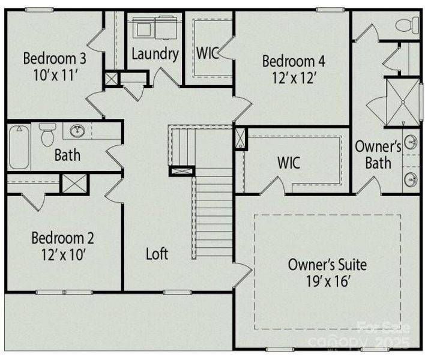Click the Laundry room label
pos(155,54)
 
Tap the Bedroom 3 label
pos(55,59)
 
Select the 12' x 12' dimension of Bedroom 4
pos(294,78)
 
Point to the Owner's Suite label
pos(327,264)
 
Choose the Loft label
pos(157,253)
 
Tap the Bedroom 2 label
pos(62,237)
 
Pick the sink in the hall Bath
pos(77,131)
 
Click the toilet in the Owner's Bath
pos(408,25)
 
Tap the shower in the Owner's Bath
pos(402,102)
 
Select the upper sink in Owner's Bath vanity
pos(411,142)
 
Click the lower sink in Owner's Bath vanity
pos(411,178)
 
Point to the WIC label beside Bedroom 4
pos(207,52)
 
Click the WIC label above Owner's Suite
pos(289,163)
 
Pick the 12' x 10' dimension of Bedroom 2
pos(62,254)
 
